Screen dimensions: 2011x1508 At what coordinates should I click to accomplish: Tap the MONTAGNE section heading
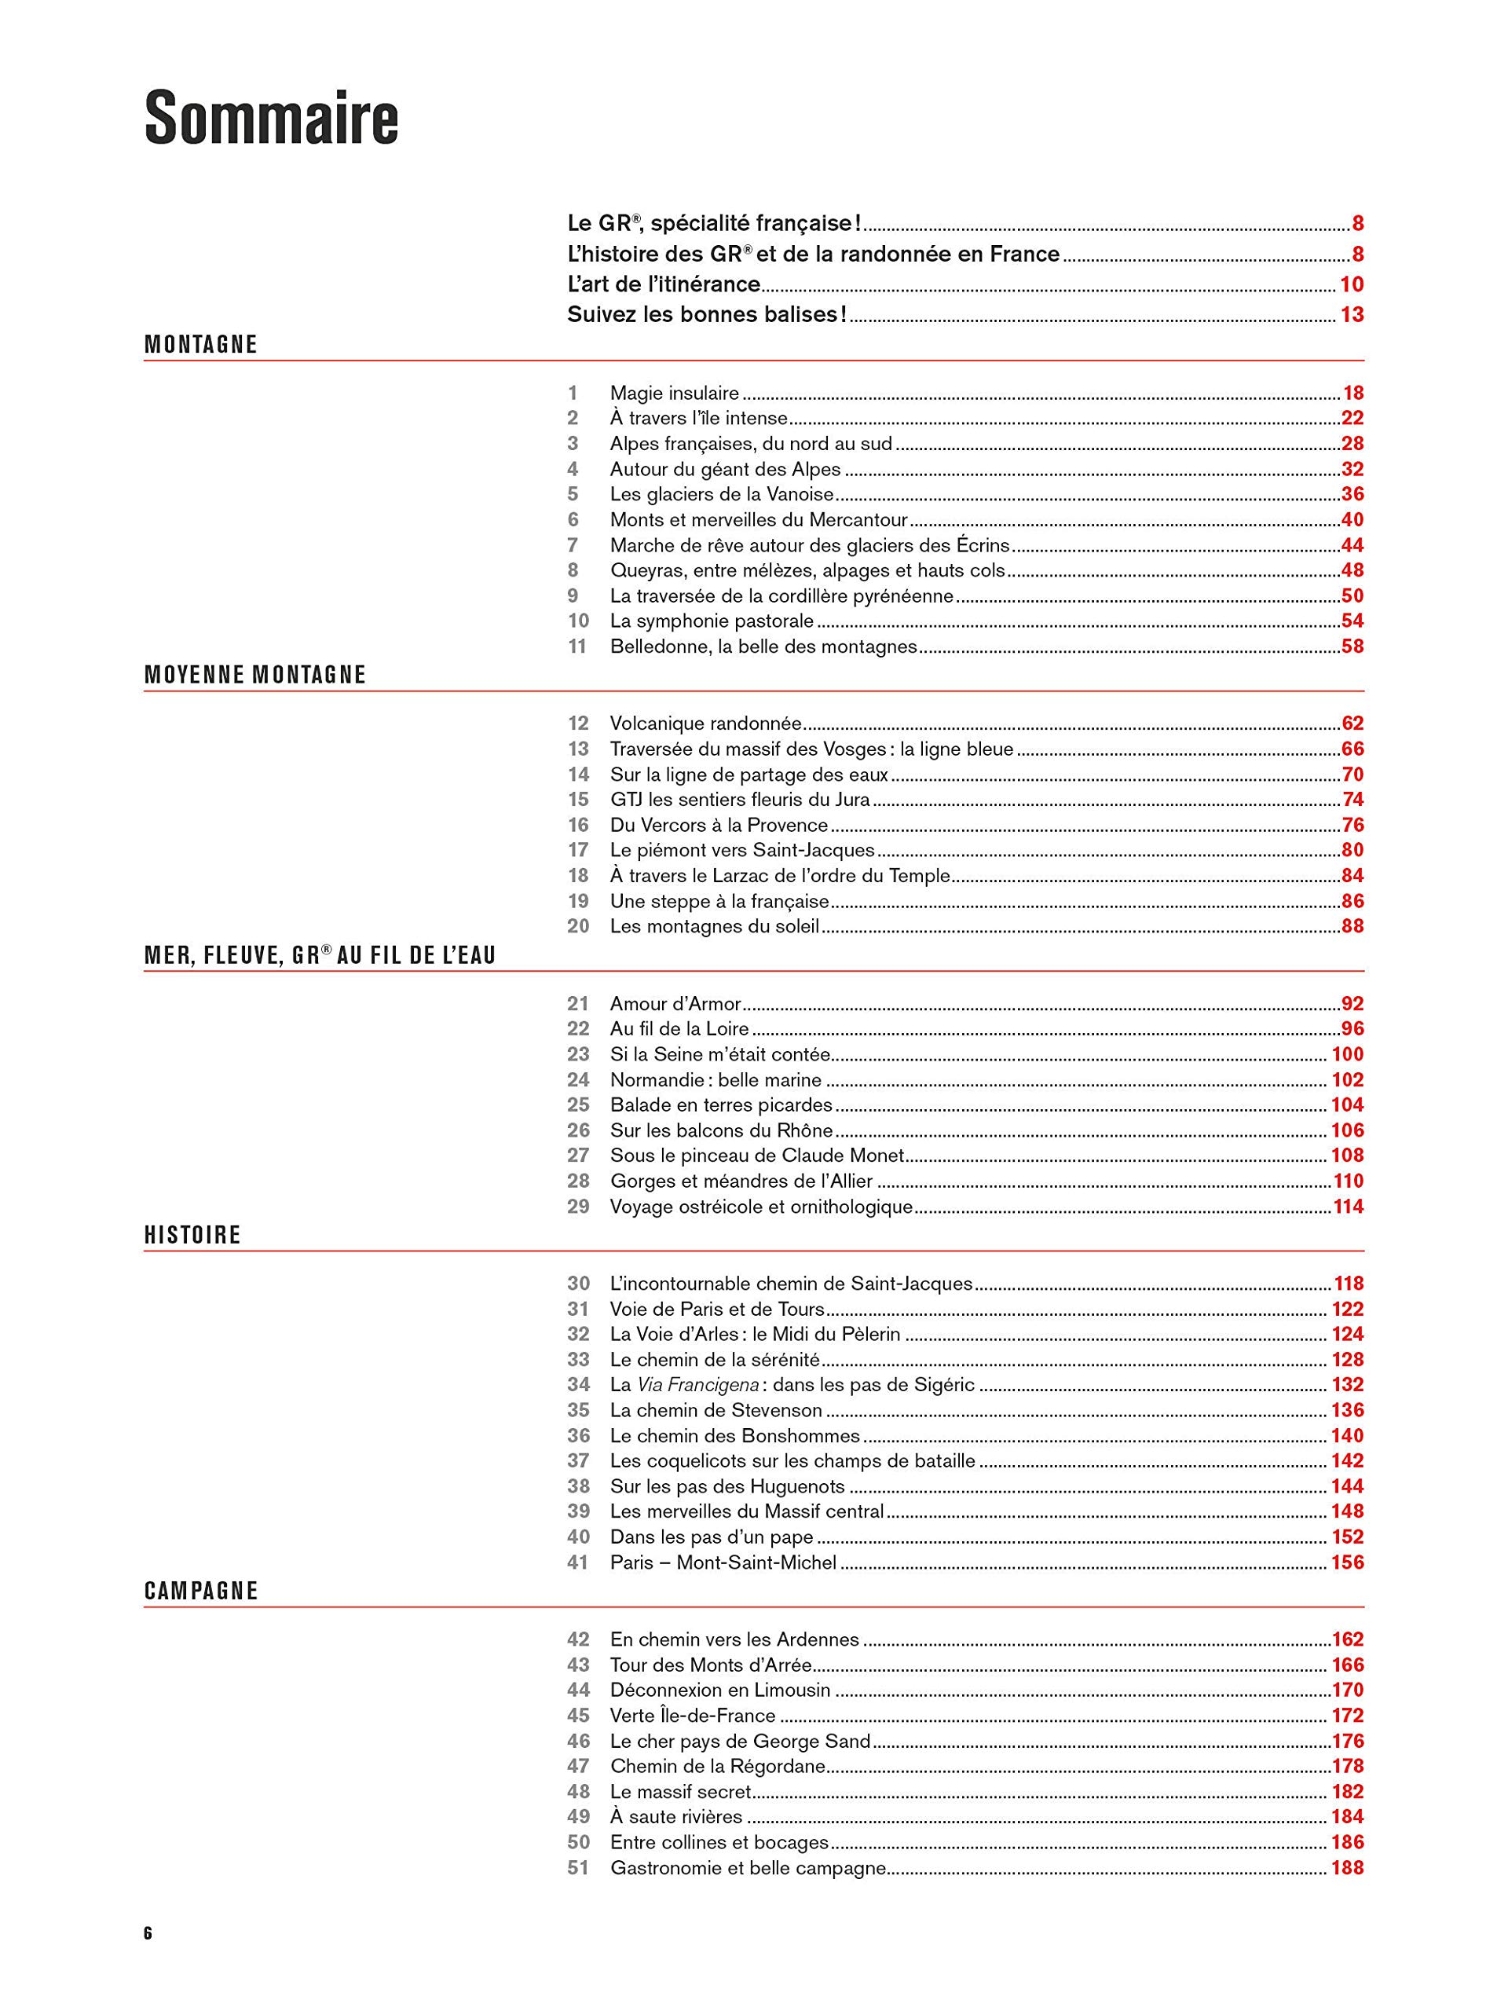[201, 345]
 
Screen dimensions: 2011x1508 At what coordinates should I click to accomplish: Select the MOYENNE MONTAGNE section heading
[255, 675]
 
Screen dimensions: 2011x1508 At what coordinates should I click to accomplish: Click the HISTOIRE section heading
[192, 1235]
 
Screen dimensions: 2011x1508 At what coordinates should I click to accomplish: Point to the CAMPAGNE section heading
[201, 1590]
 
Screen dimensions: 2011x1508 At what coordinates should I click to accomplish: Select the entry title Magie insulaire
[674, 394]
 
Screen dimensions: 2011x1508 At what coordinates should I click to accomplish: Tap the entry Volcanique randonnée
[705, 723]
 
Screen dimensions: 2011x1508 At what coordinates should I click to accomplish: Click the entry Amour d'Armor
[675, 1004]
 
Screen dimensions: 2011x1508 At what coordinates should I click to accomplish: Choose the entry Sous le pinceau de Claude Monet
[757, 1156]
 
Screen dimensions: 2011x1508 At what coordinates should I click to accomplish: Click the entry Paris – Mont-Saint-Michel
[723, 1562]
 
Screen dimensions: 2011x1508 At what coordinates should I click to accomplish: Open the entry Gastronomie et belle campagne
[748, 1867]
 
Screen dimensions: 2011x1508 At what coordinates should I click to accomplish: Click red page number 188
[1347, 1867]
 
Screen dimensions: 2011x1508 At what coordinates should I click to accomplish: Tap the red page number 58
[1352, 647]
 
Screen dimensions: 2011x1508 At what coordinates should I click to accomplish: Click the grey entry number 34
[578, 1385]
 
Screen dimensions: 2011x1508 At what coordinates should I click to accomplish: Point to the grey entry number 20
[578, 926]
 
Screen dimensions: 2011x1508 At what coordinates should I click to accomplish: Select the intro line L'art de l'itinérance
[664, 284]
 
